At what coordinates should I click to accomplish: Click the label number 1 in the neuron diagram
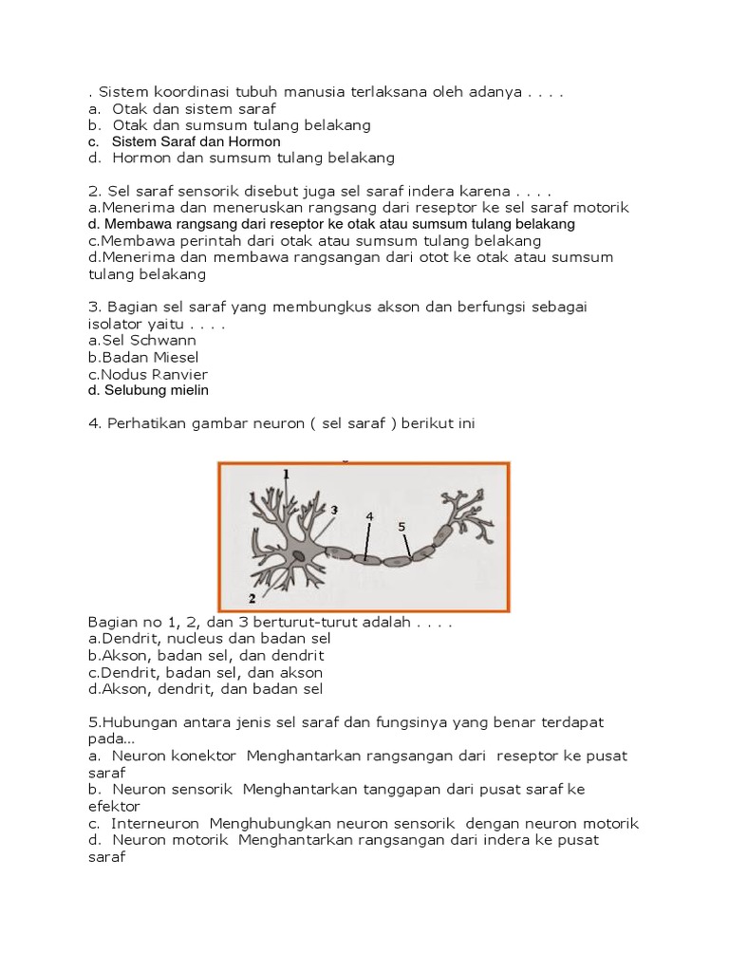[x=287, y=473]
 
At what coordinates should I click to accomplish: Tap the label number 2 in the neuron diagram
[x=252, y=598]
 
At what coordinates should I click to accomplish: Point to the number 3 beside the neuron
[x=334, y=510]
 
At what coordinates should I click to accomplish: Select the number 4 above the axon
[x=369, y=515]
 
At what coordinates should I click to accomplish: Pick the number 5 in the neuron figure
[x=402, y=525]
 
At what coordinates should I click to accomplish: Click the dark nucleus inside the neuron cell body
[x=299, y=555]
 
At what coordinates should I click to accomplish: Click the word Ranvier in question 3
[x=176, y=374]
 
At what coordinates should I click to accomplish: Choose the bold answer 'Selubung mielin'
[x=155, y=390]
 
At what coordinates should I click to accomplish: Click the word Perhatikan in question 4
[x=142, y=424]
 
